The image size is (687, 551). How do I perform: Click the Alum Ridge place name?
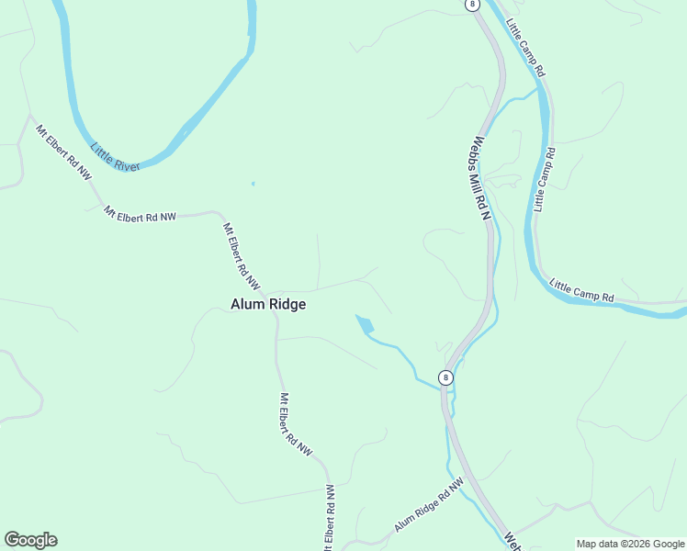(267, 304)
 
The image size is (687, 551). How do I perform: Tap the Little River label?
(115, 156)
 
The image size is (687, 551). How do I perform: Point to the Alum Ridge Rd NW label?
(429, 505)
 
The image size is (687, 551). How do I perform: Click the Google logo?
(30, 540)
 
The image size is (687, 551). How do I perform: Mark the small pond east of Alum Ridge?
(365, 323)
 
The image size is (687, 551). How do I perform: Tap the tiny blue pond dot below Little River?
(253, 184)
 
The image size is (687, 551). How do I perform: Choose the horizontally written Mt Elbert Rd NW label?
(140, 214)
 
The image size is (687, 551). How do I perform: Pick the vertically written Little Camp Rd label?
(546, 179)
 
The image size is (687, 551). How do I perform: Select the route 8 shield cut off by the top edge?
(472, 4)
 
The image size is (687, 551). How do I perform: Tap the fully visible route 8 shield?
(445, 377)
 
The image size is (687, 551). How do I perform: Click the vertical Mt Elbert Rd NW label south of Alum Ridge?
(296, 425)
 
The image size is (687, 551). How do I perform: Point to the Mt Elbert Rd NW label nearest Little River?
(63, 150)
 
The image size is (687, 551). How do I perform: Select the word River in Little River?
(127, 162)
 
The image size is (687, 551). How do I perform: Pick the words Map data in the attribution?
(597, 544)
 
